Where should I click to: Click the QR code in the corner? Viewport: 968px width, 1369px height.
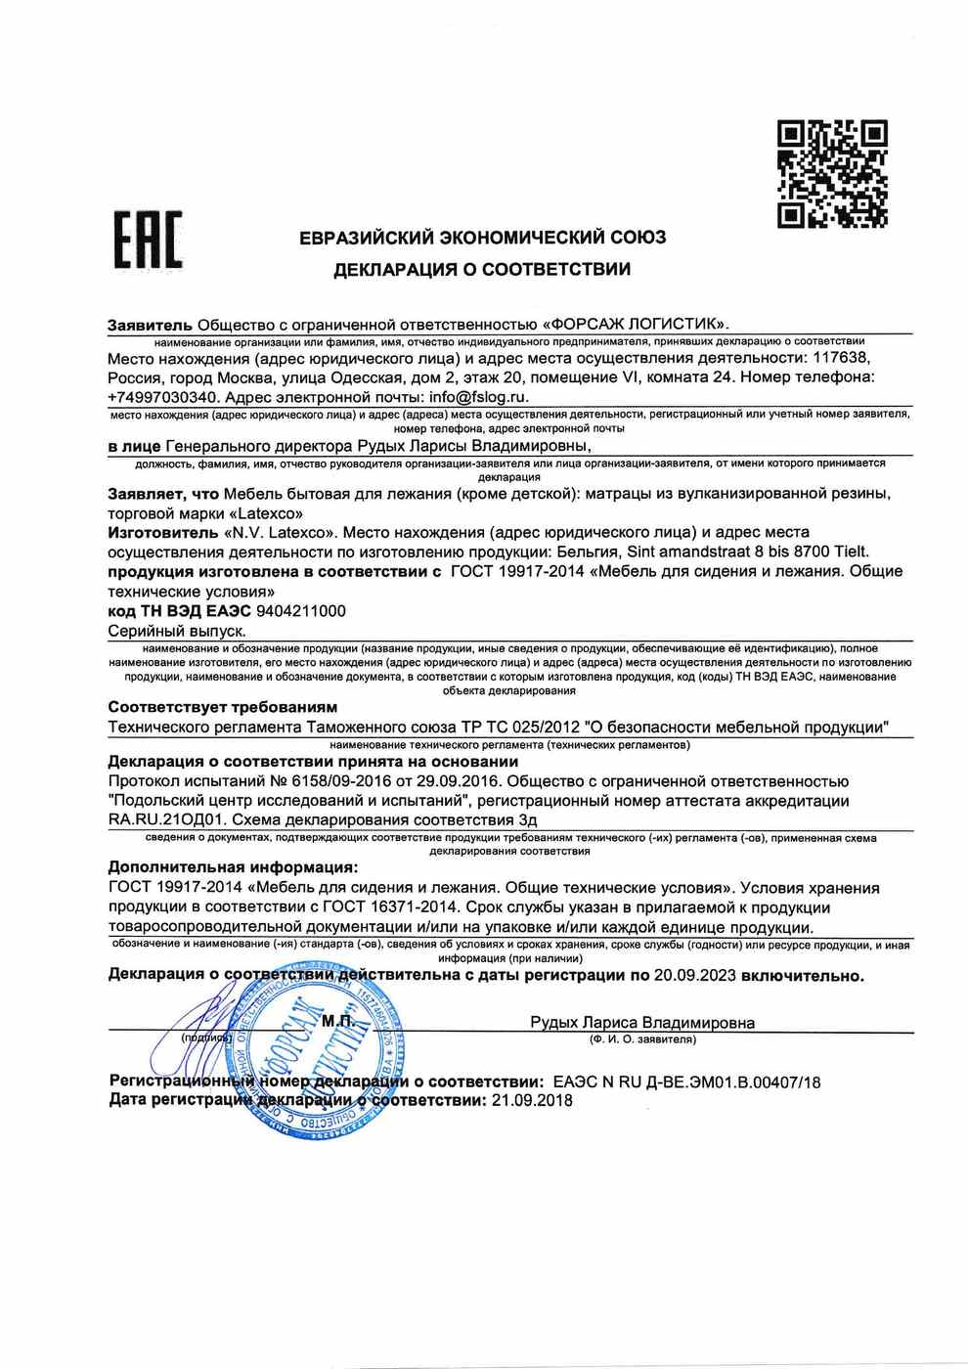pyautogui.click(x=832, y=173)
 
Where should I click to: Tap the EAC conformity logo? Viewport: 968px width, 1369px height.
pyautogui.click(x=148, y=239)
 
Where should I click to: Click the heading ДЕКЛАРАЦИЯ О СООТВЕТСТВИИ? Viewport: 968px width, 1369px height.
pyautogui.click(x=482, y=269)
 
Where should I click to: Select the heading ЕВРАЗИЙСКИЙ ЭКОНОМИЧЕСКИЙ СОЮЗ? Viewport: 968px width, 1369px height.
pyautogui.click(x=482, y=238)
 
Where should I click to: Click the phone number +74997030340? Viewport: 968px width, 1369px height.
pyautogui.click(x=163, y=397)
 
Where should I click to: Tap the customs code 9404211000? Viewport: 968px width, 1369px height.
pyautogui.click(x=300, y=611)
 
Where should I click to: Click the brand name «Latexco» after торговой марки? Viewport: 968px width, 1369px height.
pyautogui.click(x=265, y=512)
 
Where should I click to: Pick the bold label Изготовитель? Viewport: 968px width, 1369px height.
pyautogui.click(x=163, y=533)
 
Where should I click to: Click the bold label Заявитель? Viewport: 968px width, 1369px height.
pyautogui.click(x=151, y=325)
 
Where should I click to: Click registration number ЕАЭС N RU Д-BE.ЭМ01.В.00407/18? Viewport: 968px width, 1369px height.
pyautogui.click(x=686, y=1082)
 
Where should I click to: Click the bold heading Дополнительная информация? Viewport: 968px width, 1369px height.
pyautogui.click(x=233, y=867)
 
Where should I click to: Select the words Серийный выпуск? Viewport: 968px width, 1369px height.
pyautogui.click(x=177, y=631)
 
